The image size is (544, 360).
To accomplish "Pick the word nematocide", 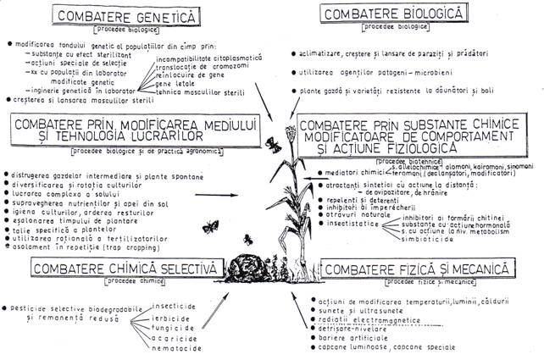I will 178,346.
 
